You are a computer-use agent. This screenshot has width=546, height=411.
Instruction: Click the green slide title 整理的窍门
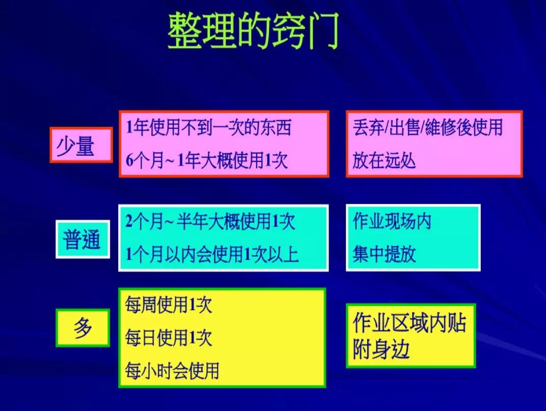point(253,31)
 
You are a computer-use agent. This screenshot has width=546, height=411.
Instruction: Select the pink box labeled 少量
point(81,145)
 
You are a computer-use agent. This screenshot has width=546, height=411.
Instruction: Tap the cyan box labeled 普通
point(83,239)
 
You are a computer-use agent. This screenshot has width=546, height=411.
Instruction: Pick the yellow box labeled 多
point(83,327)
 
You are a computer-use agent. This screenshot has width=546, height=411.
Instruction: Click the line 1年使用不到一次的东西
point(209,127)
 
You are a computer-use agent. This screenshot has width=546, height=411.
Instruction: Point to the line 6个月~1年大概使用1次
point(207,160)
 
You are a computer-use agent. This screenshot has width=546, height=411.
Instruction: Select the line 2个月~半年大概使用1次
point(210,221)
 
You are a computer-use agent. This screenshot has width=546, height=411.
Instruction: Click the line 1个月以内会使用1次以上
point(212,254)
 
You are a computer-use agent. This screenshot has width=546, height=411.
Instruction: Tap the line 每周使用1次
point(169,305)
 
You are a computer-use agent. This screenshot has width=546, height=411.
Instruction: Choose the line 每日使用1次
point(169,338)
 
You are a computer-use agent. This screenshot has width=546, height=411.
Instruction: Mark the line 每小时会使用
point(172,370)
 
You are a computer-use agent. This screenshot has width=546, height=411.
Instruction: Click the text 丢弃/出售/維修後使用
point(428,127)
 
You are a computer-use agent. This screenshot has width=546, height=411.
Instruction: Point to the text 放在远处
point(384,160)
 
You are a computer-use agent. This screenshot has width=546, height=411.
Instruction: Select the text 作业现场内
point(392,221)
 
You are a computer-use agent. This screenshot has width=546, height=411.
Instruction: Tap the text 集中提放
point(384,254)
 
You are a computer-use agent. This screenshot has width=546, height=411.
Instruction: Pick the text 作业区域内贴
point(410,322)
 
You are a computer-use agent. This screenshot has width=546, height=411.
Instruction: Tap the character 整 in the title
point(185,31)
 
